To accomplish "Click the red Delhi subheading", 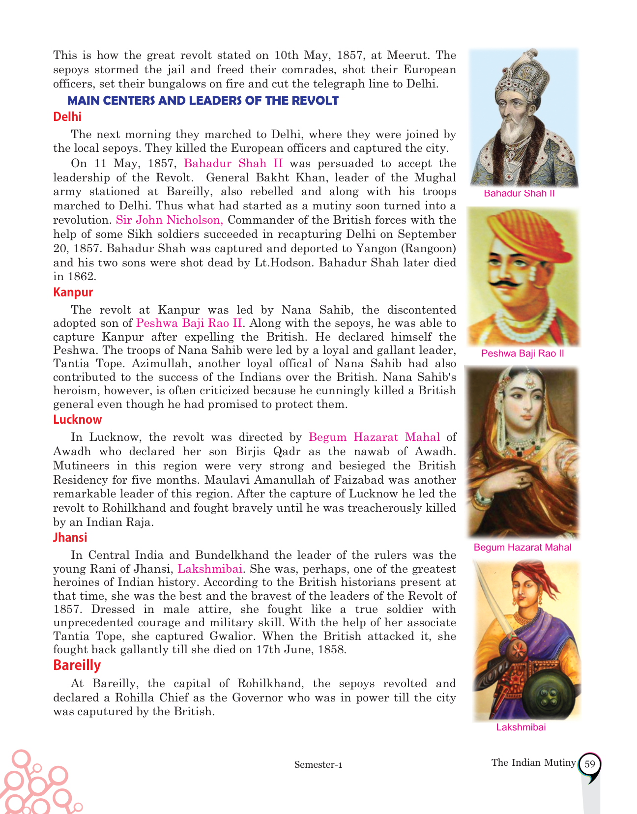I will coord(67,117).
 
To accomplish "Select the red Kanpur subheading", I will coord(73,292).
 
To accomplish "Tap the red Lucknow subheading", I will coord(77,420).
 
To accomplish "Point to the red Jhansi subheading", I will coord(70,537).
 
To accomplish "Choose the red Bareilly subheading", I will coord(77,665).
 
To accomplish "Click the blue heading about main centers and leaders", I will coord(203,101).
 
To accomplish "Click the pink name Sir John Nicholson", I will coord(170,220).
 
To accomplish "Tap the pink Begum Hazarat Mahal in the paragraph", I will coord(374,437).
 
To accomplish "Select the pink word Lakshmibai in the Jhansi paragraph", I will coord(210,569).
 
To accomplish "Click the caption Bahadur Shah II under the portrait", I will coord(519,193).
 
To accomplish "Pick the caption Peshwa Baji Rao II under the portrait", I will coord(522,353).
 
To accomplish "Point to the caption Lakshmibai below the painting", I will coord(521,727).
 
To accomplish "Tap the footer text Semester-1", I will coord(318,764).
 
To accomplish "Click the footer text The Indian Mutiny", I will coord(533,762).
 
